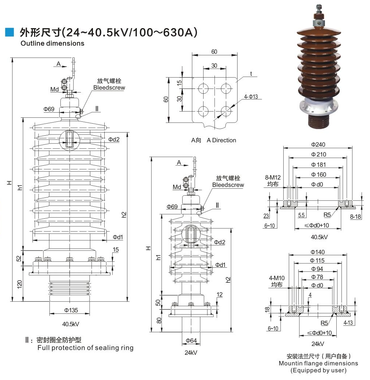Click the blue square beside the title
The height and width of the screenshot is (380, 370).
point(9,33)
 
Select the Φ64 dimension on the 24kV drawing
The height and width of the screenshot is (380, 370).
point(191,341)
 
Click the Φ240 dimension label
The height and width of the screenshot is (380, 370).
point(318,144)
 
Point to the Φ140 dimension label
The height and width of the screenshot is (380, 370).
point(318,252)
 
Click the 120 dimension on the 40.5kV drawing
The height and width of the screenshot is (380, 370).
point(19,284)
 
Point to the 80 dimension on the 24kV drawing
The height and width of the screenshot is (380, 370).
point(159,320)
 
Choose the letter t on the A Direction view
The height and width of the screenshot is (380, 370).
point(251,74)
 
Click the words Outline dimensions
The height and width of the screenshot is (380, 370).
point(52,44)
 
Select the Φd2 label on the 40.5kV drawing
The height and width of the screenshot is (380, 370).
point(114,139)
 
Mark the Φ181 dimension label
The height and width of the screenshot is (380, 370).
point(318,165)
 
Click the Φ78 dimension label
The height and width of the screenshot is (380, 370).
point(318,277)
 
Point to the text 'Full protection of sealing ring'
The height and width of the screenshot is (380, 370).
point(85,347)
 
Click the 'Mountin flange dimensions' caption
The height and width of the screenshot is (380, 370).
point(318,363)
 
